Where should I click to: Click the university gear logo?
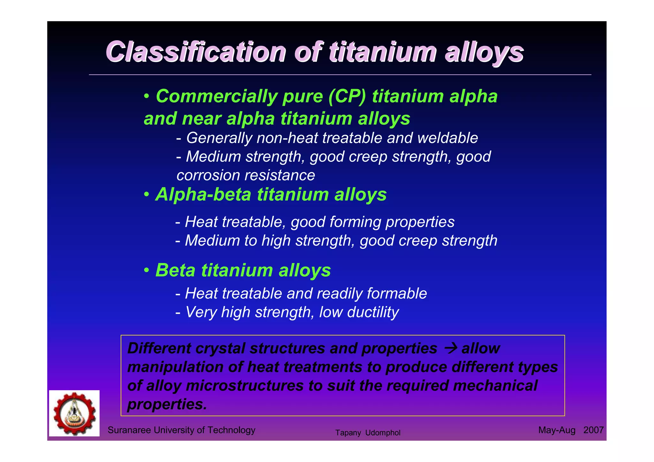click(74, 413)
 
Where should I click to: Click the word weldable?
click(447, 138)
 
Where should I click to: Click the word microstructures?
click(245, 385)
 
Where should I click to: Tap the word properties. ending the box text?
click(167, 404)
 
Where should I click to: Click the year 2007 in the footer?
click(593, 430)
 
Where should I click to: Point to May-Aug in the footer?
click(557, 430)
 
